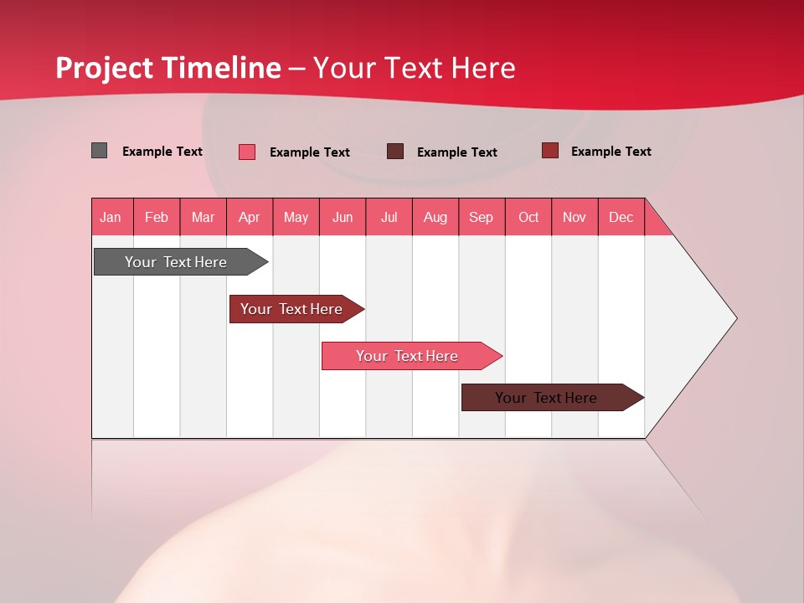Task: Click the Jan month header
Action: pos(111,217)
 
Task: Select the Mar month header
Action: pos(203,217)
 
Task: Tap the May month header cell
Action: pos(296,217)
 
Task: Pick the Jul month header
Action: pos(389,217)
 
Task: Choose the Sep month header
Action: pos(481,217)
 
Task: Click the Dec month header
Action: pos(621,217)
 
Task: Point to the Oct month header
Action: pos(528,217)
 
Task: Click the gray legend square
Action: pos(100,151)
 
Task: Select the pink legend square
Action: pos(247,152)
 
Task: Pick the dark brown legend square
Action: pos(395,151)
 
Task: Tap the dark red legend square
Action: pos(549,151)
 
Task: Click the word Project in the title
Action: pos(105,68)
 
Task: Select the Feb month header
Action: pos(157,217)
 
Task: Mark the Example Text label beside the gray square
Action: pos(162,152)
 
